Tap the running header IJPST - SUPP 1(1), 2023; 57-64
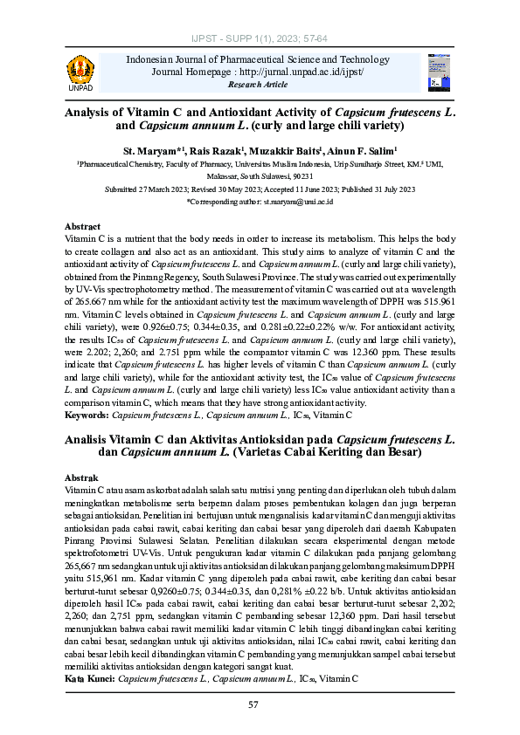click(x=260, y=40)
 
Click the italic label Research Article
click(x=258, y=85)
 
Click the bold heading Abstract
click(x=83, y=226)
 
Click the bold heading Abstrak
click(x=82, y=478)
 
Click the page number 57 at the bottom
click(x=253, y=704)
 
